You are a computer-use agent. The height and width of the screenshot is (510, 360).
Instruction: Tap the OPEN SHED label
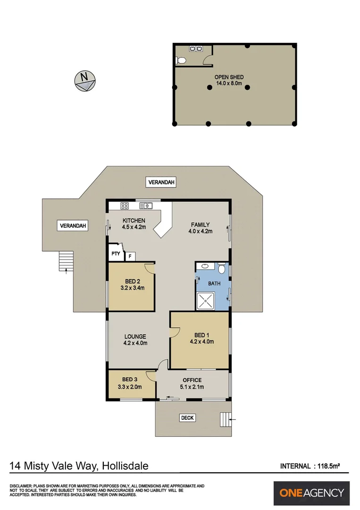click(229, 77)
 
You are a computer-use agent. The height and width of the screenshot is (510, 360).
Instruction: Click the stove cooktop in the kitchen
click(125, 205)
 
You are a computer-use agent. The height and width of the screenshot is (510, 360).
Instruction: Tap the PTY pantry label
click(115, 254)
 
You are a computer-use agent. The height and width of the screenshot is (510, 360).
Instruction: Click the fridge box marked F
click(130, 256)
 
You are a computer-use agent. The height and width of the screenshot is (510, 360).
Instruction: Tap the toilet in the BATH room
click(222, 269)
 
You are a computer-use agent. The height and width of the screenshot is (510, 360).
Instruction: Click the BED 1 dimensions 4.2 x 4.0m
click(202, 342)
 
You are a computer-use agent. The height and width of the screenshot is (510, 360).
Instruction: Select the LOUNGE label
click(135, 337)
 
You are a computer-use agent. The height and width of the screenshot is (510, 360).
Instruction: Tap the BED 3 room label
click(130, 379)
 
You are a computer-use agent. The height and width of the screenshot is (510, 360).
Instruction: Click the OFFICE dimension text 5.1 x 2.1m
click(192, 387)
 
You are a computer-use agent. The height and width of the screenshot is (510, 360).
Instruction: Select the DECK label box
click(187, 418)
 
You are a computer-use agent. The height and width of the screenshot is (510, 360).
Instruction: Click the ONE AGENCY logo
click(312, 493)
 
